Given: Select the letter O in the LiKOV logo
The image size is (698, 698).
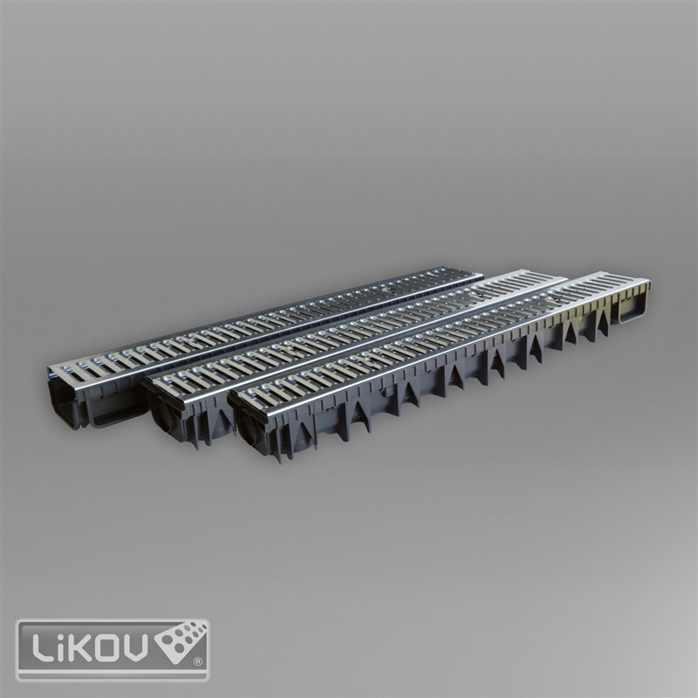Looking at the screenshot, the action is click(106, 647).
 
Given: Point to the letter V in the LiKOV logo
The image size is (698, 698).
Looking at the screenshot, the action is click(135, 647).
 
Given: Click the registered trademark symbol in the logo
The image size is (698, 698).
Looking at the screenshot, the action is click(199, 662).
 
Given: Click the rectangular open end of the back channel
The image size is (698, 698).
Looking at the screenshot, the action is click(63, 400).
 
